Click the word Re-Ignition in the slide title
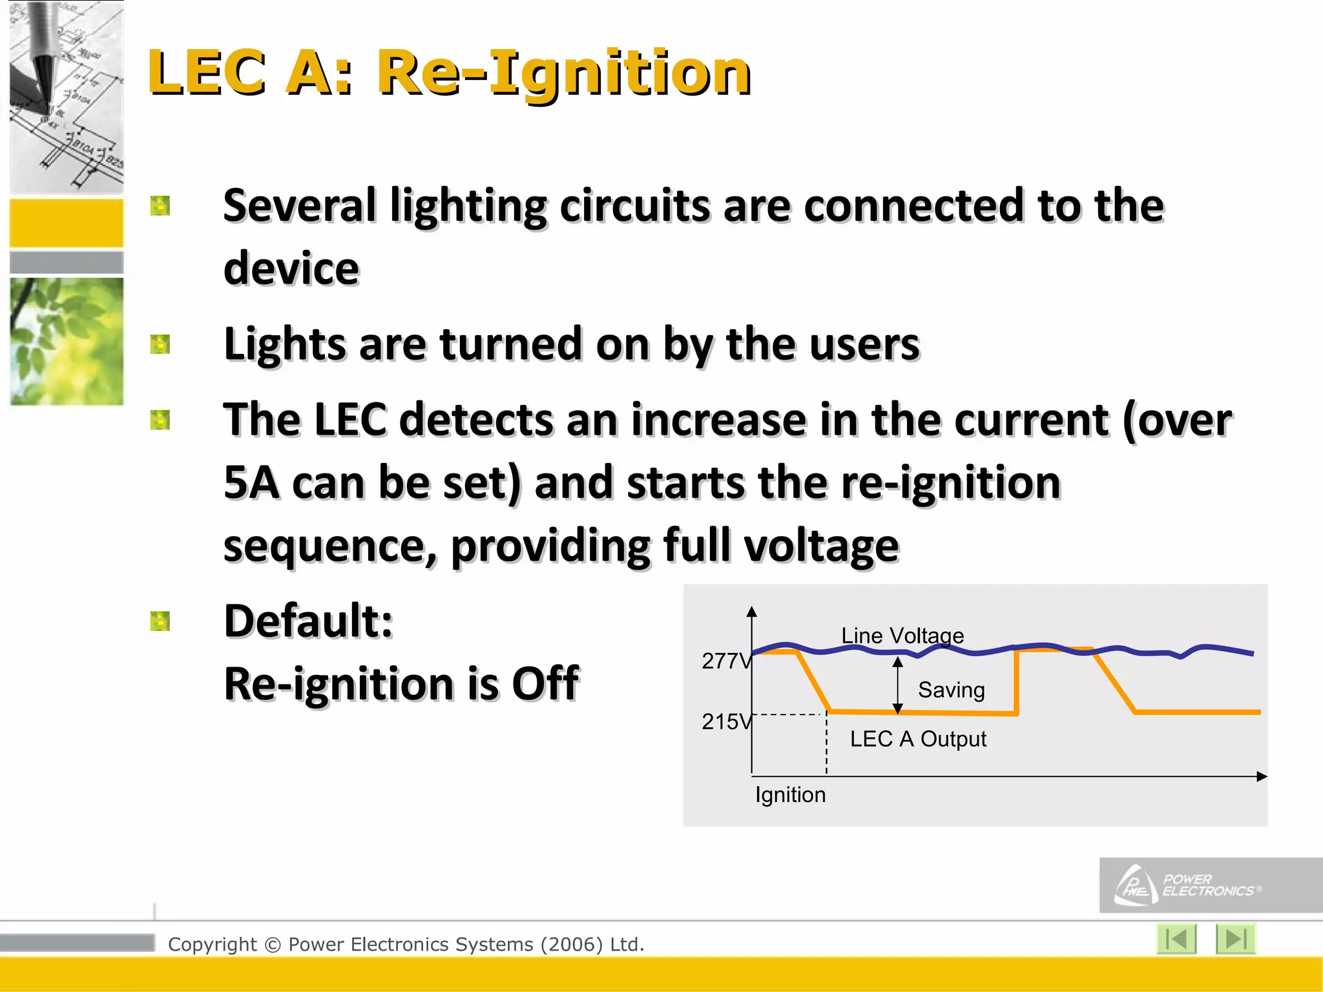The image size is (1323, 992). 564,72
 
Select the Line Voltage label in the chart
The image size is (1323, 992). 902,635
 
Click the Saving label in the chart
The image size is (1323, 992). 951,690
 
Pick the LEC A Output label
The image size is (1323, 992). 917,739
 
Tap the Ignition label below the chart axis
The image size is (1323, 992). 790,794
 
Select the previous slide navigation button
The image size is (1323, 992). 1176,938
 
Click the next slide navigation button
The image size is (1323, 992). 1234,938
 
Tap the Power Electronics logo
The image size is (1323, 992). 1189,885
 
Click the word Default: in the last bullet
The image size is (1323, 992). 308,621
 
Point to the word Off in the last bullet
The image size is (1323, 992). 545,683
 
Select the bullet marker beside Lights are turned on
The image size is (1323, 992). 160,344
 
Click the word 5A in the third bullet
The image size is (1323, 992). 251,483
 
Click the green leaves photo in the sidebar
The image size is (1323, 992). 67,341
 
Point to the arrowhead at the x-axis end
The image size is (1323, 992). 1262,776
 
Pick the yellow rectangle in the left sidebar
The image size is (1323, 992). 67,223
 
